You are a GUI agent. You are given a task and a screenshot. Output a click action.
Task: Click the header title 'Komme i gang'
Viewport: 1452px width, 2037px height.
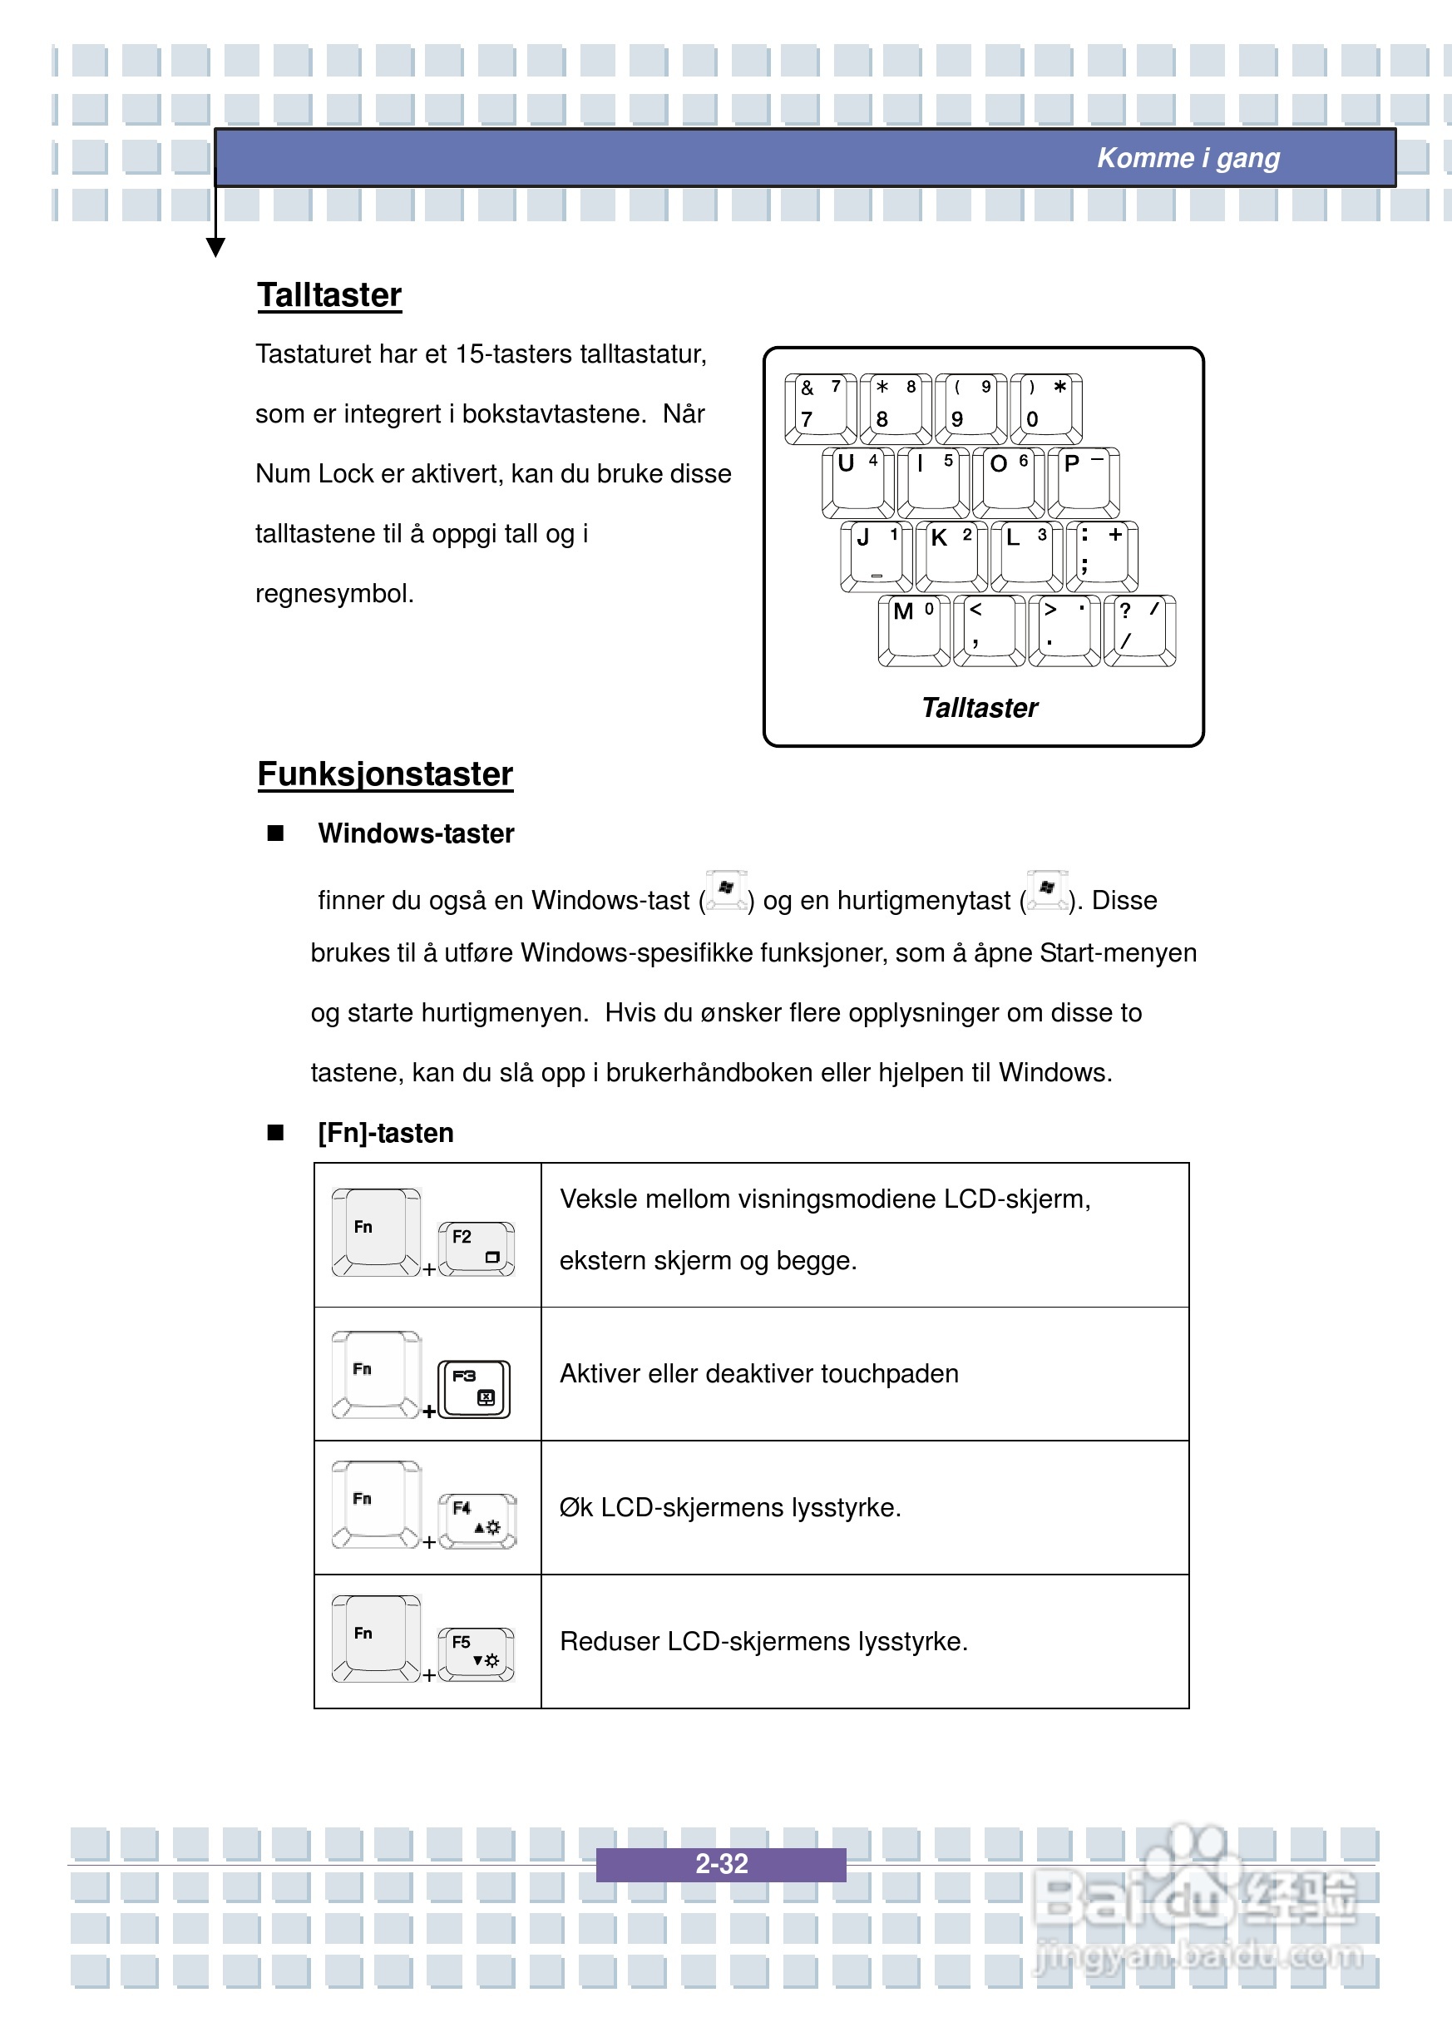pos(1188,158)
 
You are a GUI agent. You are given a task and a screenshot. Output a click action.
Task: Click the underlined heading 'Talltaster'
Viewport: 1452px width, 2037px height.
pos(329,295)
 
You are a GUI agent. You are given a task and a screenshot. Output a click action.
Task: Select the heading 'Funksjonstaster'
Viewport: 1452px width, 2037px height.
pos(384,774)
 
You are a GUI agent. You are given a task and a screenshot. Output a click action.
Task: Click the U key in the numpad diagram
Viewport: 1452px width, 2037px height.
pos(857,482)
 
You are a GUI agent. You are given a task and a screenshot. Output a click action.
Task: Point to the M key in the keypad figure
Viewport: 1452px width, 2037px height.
pos(914,630)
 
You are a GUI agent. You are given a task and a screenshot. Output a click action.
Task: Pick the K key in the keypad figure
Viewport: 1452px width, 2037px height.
pos(951,556)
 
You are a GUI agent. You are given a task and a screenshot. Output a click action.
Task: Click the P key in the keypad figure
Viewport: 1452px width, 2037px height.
pos(1084,482)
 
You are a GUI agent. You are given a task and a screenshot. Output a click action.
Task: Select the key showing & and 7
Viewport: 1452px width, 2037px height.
pos(820,408)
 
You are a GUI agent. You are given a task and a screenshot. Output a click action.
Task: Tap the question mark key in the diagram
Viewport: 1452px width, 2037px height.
pos(1139,630)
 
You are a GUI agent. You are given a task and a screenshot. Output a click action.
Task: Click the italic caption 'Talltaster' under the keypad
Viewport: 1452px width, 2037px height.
pos(979,708)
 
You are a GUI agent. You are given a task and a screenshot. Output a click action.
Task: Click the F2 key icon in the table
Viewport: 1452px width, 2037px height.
pos(476,1248)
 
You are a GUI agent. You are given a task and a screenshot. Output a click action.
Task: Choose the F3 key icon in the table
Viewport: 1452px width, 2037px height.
pos(474,1389)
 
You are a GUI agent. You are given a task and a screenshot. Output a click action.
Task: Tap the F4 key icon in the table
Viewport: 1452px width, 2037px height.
pos(477,1520)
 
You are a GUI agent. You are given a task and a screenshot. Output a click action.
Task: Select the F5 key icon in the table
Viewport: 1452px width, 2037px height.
pos(476,1654)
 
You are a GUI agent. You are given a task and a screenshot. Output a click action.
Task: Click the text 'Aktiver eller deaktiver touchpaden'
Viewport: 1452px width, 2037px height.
pos(758,1373)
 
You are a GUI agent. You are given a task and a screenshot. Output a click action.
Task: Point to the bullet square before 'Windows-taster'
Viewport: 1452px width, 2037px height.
pos(275,833)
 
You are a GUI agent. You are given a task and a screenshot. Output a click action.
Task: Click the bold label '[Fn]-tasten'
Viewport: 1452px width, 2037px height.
pos(385,1133)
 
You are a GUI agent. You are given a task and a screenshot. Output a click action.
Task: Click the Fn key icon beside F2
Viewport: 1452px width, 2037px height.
pos(376,1231)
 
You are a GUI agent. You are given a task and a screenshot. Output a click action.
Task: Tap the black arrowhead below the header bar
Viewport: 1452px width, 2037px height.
pos(215,247)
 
